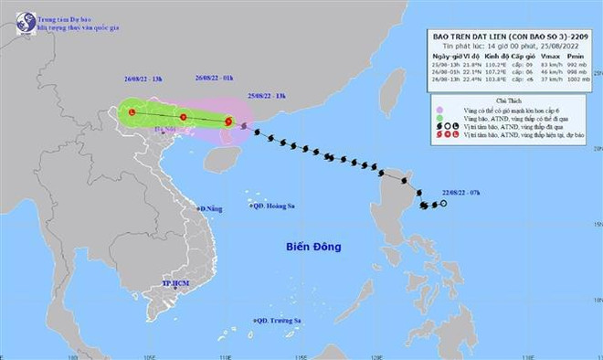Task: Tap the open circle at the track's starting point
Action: (443, 204)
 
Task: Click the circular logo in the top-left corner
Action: (16, 16)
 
